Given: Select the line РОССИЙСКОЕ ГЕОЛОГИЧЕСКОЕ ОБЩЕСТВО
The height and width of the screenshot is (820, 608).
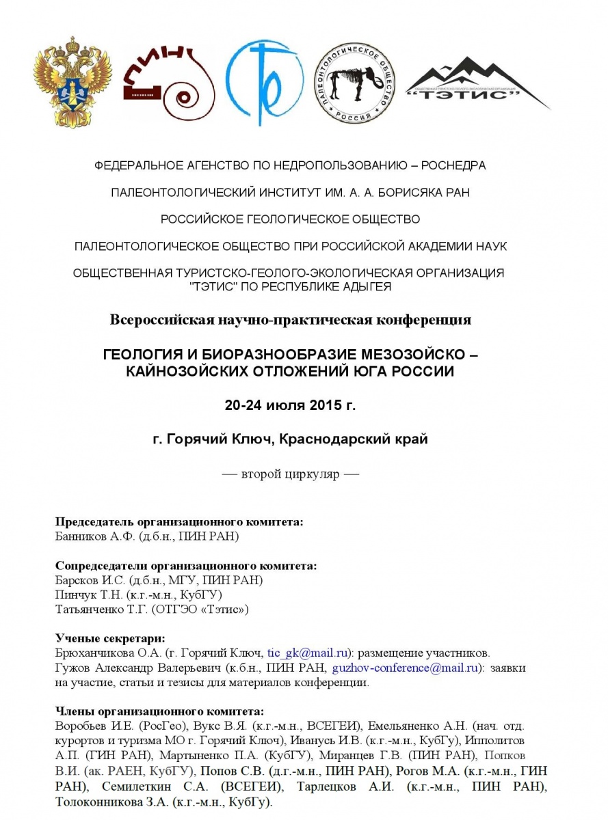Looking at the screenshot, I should [x=290, y=219].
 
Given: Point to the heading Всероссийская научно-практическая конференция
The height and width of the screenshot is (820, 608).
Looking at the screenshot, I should [x=290, y=319].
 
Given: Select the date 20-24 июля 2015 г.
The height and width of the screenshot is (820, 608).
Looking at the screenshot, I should [x=290, y=405].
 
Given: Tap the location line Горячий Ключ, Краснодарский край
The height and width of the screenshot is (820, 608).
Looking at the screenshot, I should [x=290, y=439].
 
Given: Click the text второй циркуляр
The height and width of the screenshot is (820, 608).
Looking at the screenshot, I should [x=290, y=474].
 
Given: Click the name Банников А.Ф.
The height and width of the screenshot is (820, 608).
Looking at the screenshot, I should [x=95, y=536].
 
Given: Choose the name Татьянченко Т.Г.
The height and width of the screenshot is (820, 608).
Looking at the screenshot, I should [x=101, y=608].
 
